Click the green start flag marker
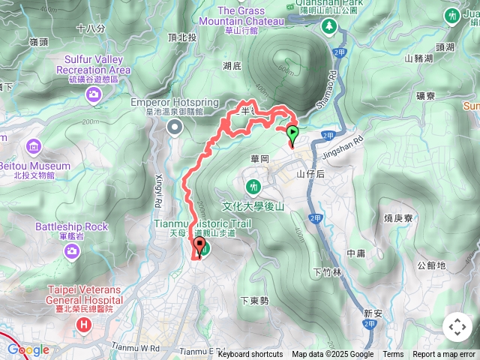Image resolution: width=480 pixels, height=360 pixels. point(292,133)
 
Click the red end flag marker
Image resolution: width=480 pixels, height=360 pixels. point(199,245)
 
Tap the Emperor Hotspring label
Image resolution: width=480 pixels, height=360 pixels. point(174,102)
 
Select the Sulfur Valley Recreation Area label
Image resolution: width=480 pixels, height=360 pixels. point(93,64)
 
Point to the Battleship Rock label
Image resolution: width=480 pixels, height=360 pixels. point(71,226)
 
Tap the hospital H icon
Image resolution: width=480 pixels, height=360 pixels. point(84,325)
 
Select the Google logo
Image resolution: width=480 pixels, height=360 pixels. point(28,349)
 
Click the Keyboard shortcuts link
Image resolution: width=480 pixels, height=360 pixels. point(250,355)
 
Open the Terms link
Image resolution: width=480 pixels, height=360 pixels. point(393,355)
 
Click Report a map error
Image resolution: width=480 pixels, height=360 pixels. point(444,355)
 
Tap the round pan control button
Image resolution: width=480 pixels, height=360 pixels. point(457,327)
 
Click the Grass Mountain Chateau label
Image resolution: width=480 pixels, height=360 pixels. point(250,16)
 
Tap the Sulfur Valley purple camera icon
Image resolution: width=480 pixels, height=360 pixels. point(93,94)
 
